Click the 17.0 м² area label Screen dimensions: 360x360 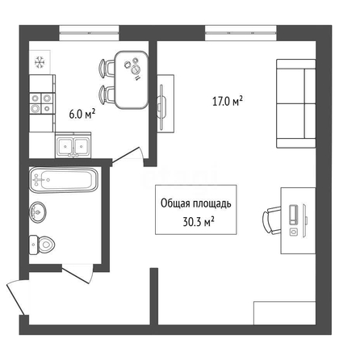click(x=228, y=102)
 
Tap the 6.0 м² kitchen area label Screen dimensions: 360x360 click(x=82, y=114)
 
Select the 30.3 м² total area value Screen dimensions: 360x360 click(x=199, y=222)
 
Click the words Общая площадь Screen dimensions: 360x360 click(x=196, y=203)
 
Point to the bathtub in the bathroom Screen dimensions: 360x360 click(x=64, y=180)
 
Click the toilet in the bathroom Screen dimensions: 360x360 click(x=42, y=245)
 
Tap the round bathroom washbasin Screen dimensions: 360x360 click(x=38, y=212)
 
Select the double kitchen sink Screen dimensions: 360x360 click(x=73, y=145)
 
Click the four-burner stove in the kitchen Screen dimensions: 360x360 click(x=42, y=103)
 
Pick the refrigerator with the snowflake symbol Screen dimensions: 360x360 click(x=40, y=62)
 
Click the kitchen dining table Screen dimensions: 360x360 click(x=132, y=80)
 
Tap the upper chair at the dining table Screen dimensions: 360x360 click(x=107, y=69)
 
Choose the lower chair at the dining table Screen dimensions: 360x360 click(x=107, y=94)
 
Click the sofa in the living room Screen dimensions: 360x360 click(x=296, y=103)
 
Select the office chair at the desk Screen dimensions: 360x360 click(x=272, y=220)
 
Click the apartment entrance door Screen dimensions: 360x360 click(x=16, y=297)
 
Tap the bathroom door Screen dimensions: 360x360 click(x=77, y=274)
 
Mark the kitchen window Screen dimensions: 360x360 click(x=89, y=33)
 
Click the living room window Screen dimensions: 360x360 click(x=241, y=33)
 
